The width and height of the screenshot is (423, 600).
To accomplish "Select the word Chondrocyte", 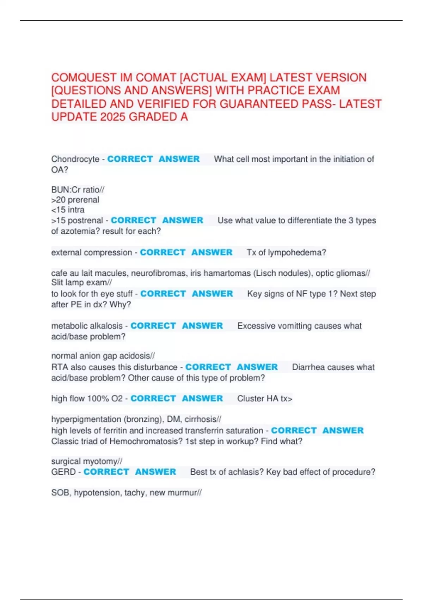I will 75,159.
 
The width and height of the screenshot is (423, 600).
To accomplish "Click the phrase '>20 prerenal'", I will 75,200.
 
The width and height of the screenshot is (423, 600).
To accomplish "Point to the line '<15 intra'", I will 68,210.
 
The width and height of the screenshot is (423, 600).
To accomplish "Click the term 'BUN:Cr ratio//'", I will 78,190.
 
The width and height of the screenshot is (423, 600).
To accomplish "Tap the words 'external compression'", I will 91,253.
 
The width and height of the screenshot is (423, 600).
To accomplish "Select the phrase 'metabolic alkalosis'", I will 87,326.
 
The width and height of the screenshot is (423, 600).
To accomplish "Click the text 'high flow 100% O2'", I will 87,398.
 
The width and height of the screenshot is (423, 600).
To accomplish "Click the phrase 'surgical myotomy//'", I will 87,461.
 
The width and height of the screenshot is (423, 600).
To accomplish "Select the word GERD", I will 63,472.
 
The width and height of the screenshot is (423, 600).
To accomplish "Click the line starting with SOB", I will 126,493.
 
